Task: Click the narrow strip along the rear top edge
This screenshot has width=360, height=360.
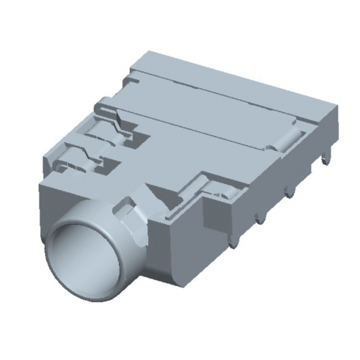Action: tap(232, 81)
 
